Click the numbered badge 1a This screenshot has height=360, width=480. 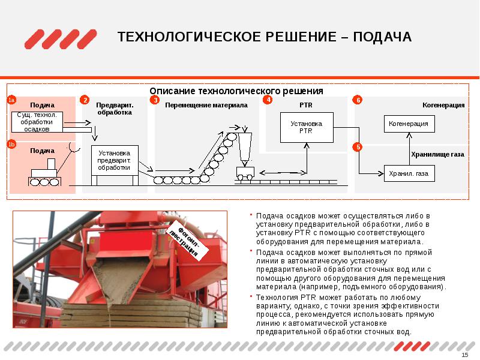12,100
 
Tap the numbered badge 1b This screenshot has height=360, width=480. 12,144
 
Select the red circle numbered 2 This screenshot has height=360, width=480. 85,100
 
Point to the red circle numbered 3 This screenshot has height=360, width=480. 155,100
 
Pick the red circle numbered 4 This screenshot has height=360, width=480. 268,100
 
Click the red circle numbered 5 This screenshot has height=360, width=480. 358,146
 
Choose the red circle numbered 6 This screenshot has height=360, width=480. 358,100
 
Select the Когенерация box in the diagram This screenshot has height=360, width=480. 409,124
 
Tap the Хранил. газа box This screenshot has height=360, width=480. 409,173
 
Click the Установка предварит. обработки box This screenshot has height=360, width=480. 114,160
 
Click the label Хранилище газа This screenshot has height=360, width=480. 437,154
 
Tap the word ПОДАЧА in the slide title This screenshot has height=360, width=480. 382,38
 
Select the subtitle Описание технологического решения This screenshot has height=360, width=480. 236,91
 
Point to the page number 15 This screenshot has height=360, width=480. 464,355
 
